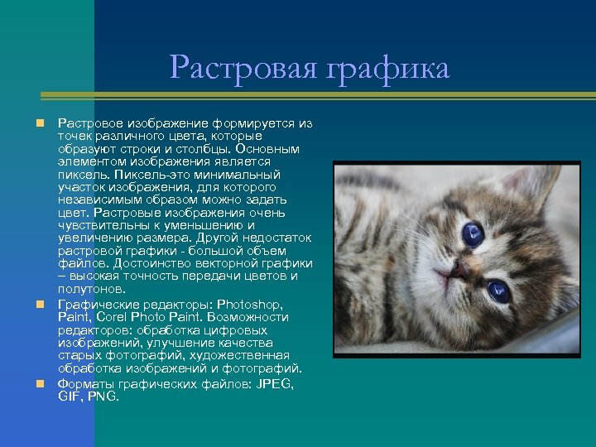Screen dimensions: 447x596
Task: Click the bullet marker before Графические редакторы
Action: [x=38, y=304]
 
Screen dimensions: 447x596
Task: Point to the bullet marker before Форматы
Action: [x=38, y=384]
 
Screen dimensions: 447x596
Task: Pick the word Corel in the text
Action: [x=116, y=317]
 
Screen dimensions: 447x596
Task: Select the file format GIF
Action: [x=69, y=397]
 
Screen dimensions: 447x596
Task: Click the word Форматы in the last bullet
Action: [x=85, y=384]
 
